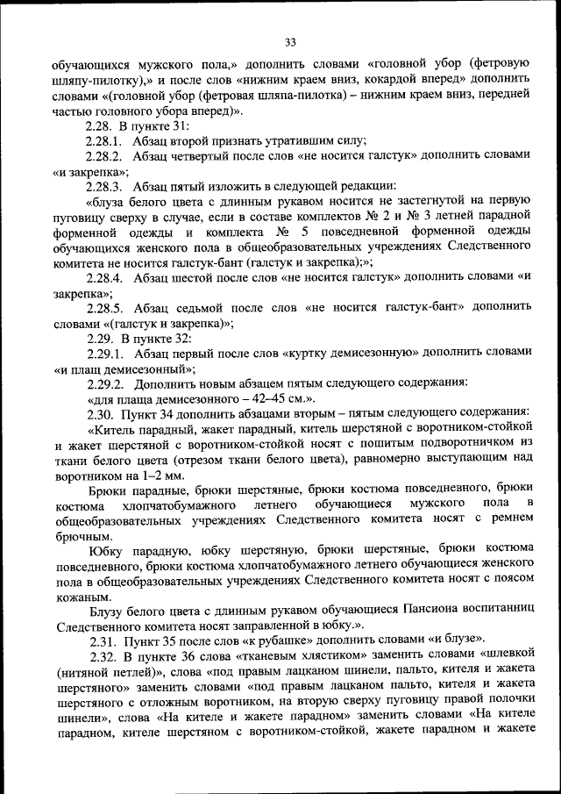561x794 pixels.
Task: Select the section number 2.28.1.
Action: pos(106,140)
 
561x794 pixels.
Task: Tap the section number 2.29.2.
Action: pos(106,383)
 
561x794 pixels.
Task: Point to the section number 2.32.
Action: pos(105,655)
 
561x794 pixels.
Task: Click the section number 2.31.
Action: pos(105,640)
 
